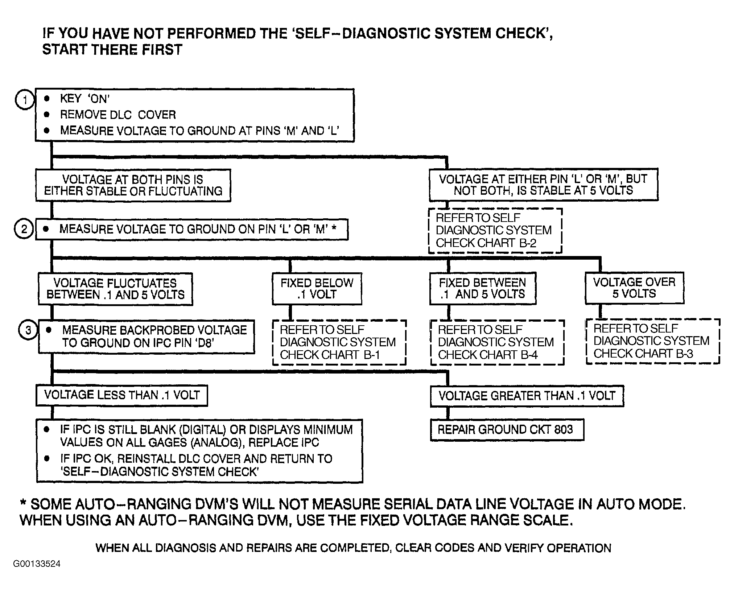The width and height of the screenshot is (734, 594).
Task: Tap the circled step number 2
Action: click(x=24, y=229)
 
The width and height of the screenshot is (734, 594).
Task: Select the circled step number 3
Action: click(x=28, y=330)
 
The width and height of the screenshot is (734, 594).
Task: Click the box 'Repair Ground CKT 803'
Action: click(x=507, y=430)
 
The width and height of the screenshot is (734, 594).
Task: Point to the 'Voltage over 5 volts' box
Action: click(x=634, y=288)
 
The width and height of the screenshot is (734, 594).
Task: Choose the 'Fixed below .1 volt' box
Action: click(x=317, y=289)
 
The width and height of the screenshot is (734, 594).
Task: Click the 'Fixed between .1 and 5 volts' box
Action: click(x=482, y=289)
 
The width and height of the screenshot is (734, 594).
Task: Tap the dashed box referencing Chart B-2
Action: click(x=495, y=231)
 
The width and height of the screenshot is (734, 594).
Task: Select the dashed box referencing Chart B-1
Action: click(x=339, y=342)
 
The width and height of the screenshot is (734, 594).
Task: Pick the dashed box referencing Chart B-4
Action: click(x=497, y=342)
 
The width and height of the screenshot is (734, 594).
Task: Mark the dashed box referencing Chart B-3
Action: click(x=652, y=341)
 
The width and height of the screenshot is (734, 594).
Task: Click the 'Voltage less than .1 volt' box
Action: click(x=122, y=395)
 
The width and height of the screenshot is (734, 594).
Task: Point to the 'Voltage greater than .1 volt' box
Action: click(x=527, y=396)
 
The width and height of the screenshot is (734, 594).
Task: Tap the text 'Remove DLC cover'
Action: click(x=118, y=115)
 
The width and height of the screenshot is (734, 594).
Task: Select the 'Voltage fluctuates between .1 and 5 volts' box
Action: click(x=115, y=289)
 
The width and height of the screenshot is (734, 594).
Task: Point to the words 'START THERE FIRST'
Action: click(x=112, y=50)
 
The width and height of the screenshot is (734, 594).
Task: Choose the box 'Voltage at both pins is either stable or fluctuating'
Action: click(x=133, y=185)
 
